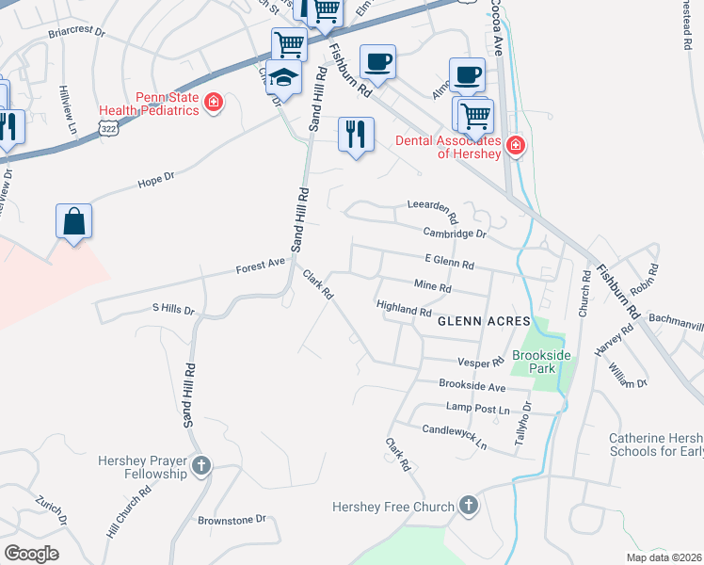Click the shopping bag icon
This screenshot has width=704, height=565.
click(73, 222)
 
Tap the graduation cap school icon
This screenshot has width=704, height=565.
click(282, 79)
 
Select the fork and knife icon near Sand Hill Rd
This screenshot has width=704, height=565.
click(356, 135)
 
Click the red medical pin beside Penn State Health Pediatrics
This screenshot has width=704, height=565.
click(215, 102)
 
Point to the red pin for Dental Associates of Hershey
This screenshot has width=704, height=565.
click(515, 145)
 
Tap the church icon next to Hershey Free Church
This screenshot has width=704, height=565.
click(469, 507)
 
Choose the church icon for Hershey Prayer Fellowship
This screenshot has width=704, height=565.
click(200, 466)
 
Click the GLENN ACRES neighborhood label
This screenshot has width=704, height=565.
click(477, 321)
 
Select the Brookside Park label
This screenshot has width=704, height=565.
click(536, 363)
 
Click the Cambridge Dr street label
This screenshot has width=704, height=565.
click(455, 233)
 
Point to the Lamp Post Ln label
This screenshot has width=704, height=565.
click(477, 410)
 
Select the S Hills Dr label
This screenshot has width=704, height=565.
click(172, 309)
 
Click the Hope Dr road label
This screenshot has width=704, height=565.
click(156, 177)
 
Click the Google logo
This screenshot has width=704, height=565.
click(31, 554)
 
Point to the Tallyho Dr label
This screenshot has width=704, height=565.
click(523, 423)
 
